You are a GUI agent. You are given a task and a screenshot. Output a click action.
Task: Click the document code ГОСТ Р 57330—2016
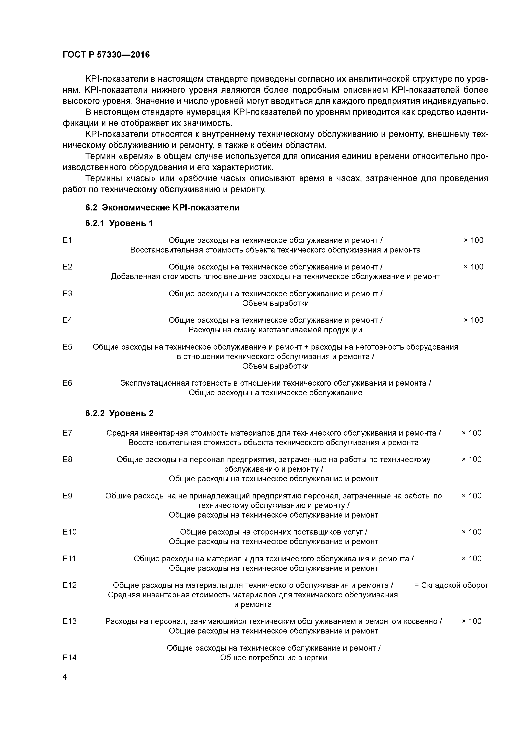106,55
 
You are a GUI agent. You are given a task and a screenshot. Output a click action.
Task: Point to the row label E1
67,240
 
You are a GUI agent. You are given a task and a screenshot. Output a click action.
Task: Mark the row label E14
69,657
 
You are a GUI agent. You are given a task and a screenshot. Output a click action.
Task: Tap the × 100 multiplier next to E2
473,267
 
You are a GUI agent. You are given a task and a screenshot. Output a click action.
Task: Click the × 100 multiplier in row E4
473,320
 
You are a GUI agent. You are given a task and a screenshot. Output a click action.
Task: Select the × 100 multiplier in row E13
471,621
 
